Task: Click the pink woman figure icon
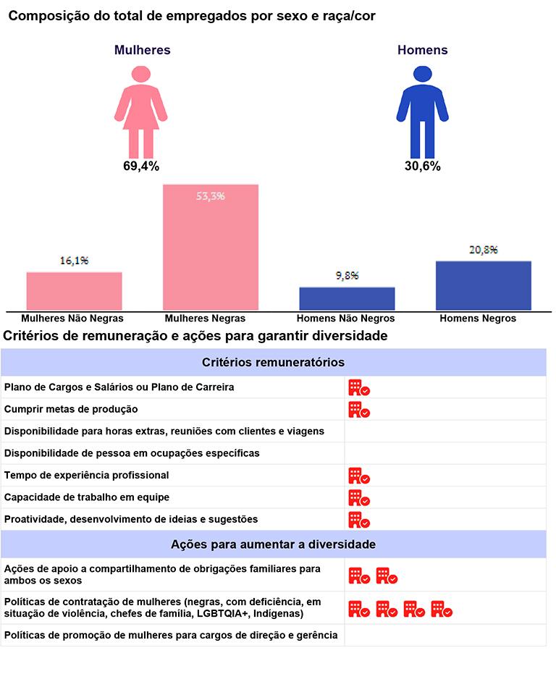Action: tap(140, 112)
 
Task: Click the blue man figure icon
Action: tap(422, 112)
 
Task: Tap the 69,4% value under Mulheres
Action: tap(140, 166)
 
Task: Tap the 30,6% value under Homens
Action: tap(422, 166)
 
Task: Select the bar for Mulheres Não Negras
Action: tap(74, 291)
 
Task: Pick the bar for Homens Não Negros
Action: tap(347, 298)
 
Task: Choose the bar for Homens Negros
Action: tap(483, 285)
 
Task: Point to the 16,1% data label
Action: tap(74, 261)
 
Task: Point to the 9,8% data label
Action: tap(347, 276)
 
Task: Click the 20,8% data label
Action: tap(483, 250)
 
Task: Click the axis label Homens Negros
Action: tap(478, 319)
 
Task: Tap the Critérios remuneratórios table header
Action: tap(273, 362)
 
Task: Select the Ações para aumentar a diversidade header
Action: tap(273, 544)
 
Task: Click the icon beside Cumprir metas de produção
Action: tap(359, 410)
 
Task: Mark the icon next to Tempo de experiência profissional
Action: tap(359, 476)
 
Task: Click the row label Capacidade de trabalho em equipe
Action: tap(87, 497)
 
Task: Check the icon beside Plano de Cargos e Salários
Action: tap(359, 388)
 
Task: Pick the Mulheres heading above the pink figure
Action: tap(142, 50)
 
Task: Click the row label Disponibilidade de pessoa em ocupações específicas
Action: tap(132, 453)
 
